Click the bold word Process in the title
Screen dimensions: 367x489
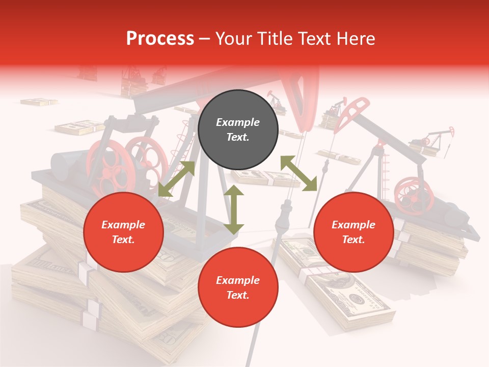(x=160, y=39)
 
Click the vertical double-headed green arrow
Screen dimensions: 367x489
(x=234, y=210)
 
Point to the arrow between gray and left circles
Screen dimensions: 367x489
(x=176, y=178)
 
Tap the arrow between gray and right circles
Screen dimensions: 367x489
(x=298, y=174)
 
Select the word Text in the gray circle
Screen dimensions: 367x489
(x=237, y=137)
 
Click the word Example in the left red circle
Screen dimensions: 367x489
(x=123, y=225)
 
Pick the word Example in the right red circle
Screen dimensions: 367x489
(x=354, y=225)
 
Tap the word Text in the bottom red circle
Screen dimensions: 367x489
(x=237, y=295)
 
